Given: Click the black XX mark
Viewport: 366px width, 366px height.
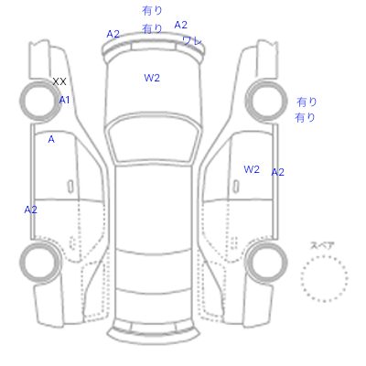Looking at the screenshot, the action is point(59,81).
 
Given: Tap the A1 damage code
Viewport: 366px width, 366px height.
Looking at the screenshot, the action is point(64,100).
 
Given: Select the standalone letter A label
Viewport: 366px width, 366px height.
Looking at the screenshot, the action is point(51,139).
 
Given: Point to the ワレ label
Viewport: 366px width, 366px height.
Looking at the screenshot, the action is point(192,40).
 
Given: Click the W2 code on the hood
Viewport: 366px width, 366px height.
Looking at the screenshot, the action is point(152,78).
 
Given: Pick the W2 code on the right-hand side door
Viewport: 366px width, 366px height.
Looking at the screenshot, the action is point(252,169).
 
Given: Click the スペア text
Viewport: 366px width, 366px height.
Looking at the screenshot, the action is point(322,245).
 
